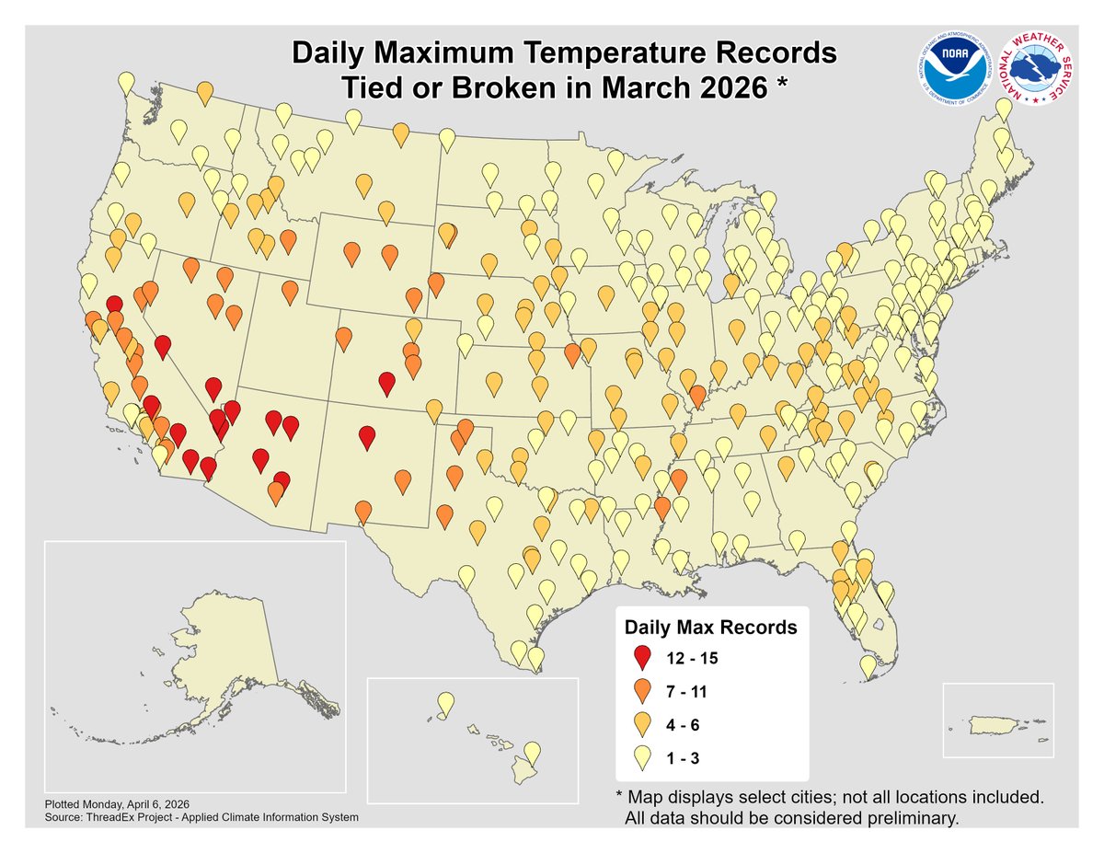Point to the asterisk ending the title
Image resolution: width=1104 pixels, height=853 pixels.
click(x=783, y=85)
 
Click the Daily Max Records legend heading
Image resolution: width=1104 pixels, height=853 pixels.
click(x=710, y=628)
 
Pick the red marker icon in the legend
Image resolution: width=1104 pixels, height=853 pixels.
click(x=643, y=657)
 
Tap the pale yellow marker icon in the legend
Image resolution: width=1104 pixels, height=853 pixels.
click(x=643, y=756)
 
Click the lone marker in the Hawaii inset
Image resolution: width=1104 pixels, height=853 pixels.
click(x=445, y=704)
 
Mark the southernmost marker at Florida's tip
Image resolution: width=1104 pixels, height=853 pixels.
click(x=868, y=664)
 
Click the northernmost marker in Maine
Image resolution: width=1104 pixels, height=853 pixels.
click(x=1005, y=110)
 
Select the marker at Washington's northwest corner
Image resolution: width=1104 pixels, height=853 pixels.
click(x=126, y=83)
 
